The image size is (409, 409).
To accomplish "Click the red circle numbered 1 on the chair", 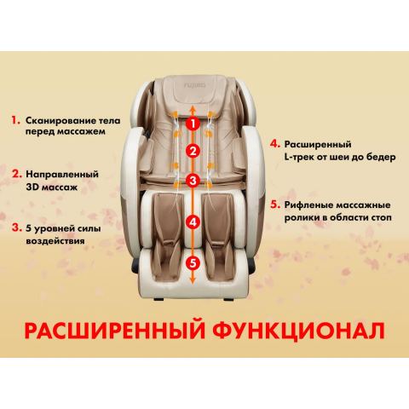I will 193,124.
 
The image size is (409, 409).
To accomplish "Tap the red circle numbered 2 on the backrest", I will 193,153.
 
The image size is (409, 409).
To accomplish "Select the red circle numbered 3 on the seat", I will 193,181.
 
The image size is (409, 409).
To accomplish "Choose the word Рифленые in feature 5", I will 304,205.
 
